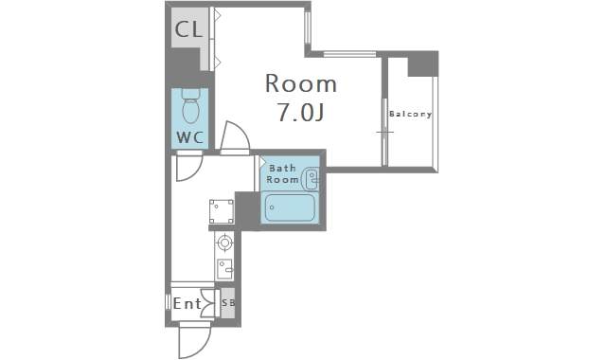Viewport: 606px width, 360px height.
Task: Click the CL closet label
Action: tap(188, 29)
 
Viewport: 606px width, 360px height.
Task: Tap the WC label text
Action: tap(189, 137)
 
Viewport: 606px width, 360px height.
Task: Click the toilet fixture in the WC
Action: tap(190, 106)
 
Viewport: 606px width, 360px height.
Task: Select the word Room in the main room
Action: tap(301, 83)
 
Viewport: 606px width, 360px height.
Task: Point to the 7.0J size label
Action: tap(300, 112)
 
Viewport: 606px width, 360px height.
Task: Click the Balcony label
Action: tap(410, 114)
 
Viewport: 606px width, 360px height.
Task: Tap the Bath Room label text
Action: tap(283, 173)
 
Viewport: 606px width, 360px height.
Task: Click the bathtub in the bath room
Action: tap(290, 207)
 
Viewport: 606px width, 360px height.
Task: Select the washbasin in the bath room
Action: tap(312, 179)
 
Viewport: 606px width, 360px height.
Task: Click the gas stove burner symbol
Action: tap(224, 243)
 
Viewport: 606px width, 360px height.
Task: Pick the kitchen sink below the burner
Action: tap(224, 269)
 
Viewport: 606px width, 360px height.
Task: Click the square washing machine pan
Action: tap(222, 211)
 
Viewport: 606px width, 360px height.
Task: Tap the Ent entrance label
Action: tap(187, 303)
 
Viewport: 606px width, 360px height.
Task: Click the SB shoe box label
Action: tap(228, 303)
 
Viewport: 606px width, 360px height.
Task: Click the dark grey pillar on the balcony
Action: tap(423, 63)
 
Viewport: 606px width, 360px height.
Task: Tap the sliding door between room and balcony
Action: tap(384, 132)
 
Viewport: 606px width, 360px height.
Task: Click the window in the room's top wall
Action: tap(349, 54)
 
